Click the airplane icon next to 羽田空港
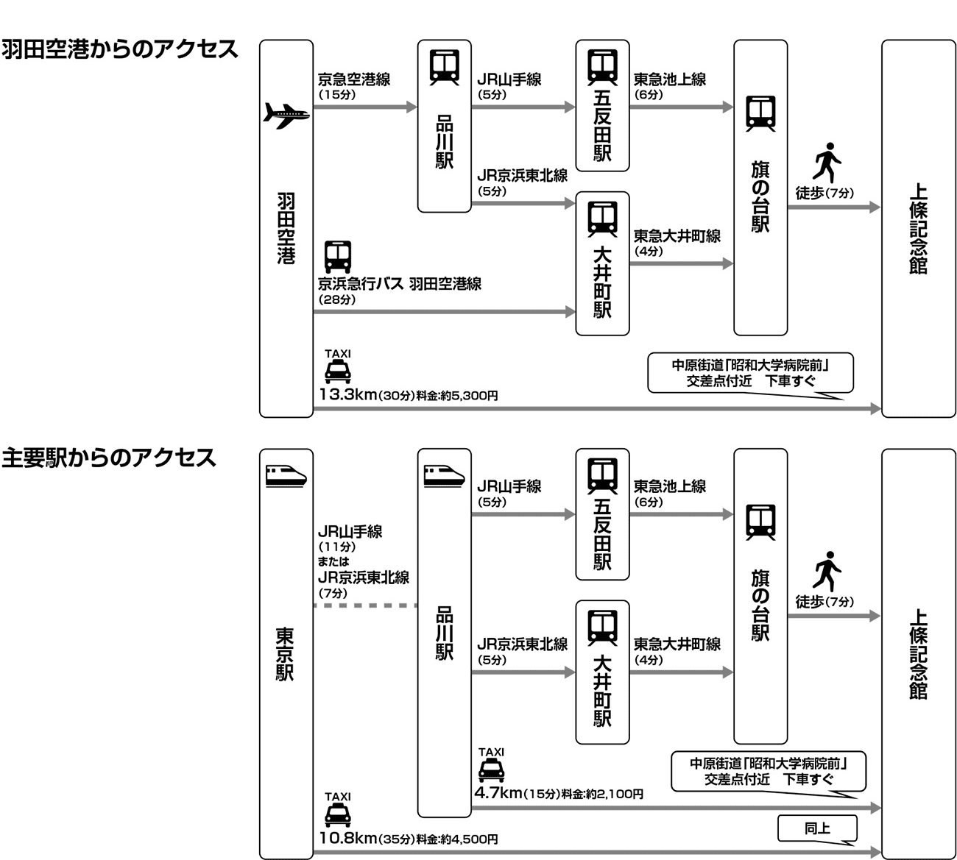tap(286, 115)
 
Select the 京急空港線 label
tap(354, 79)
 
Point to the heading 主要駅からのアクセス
tap(109, 458)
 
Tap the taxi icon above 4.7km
tap(491, 770)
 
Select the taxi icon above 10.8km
tap(338, 815)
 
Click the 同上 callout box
tap(817, 828)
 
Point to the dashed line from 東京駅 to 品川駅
tap(365, 605)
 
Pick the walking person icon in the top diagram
tap(827, 162)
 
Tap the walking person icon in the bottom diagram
tap(827, 570)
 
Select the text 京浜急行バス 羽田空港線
tap(400, 284)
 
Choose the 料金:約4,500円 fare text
tap(457, 839)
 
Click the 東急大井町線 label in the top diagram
tap(677, 236)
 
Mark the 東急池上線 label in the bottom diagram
tap(670, 486)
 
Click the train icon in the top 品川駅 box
tap(445, 67)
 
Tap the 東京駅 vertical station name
tap(286, 654)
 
